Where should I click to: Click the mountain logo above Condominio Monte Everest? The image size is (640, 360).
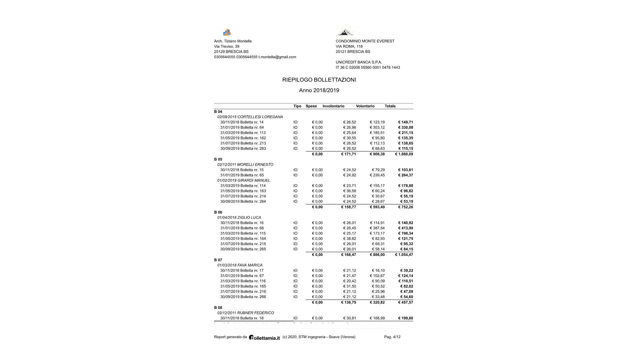click(345, 32)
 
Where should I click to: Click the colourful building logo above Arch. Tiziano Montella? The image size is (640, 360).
click(227, 32)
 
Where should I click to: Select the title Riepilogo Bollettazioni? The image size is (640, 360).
click(319, 80)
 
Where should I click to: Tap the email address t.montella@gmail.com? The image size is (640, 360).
click(277, 57)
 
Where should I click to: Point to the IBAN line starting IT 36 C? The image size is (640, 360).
click(368, 68)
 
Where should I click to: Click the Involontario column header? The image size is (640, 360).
click(333, 106)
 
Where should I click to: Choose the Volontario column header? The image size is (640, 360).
click(365, 106)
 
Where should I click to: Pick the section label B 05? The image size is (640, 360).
click(218, 159)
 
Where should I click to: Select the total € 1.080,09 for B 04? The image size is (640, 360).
click(404, 154)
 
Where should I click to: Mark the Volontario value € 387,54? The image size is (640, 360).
click(377, 228)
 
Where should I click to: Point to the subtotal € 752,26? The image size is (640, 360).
click(405, 207)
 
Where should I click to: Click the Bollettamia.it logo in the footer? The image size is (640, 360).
click(264, 337)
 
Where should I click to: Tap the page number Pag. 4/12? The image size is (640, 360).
click(392, 337)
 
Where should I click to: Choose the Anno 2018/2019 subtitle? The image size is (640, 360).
click(319, 90)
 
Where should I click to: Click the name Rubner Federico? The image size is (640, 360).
click(255, 313)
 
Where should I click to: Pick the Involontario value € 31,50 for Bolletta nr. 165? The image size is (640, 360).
click(350, 286)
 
